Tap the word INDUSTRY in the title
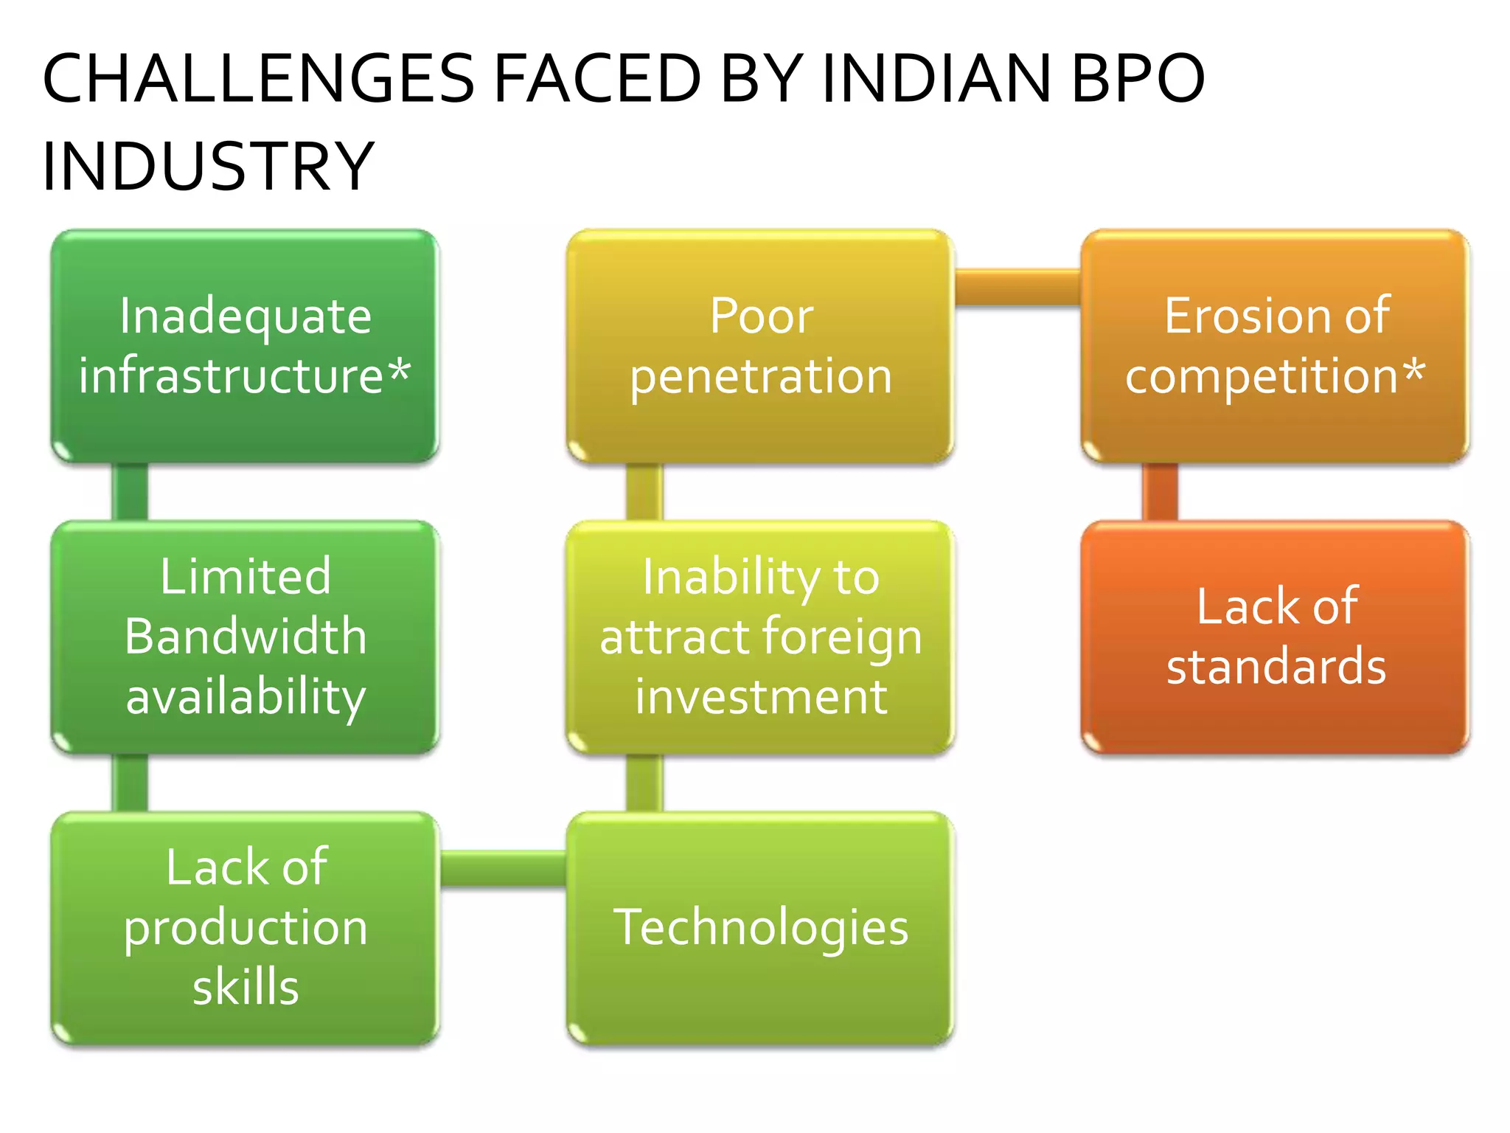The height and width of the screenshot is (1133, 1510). tap(208, 167)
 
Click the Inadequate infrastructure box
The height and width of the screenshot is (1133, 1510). tap(245, 345)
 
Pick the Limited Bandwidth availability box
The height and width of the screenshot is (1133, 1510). tap(245, 637)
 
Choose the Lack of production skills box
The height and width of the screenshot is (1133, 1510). tap(245, 927)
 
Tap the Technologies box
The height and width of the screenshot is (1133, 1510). tap(760, 927)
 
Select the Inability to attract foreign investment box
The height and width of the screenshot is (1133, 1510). tap(760, 637)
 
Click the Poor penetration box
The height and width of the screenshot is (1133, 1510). tap(760, 345)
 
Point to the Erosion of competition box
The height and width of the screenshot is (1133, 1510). tap(1275, 345)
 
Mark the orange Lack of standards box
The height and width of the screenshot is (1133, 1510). tap(1275, 637)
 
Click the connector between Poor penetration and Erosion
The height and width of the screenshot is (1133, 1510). tap(1017, 288)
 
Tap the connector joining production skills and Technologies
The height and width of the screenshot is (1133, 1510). tap(503, 867)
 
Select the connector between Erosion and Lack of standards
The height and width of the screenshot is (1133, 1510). tap(1160, 491)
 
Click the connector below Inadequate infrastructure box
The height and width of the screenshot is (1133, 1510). tap(130, 491)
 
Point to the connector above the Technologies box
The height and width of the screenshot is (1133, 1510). tap(644, 782)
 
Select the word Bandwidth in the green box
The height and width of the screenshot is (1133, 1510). tap(245, 637)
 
